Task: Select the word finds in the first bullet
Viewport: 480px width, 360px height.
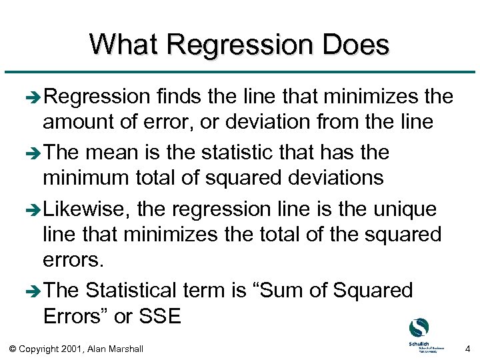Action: (179, 97)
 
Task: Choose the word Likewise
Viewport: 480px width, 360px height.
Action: (86, 209)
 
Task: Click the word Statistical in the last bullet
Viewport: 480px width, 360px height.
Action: (142, 290)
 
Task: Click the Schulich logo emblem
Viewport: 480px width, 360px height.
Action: (418, 328)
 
